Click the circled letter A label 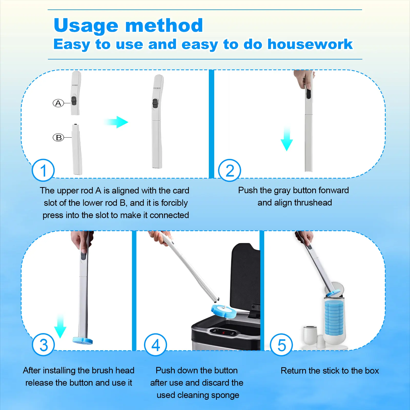click(x=58, y=103)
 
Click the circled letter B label click(x=58, y=138)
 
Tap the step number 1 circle click(x=43, y=170)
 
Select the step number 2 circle click(x=230, y=170)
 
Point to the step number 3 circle click(x=43, y=345)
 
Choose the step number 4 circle click(x=156, y=345)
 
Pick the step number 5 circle click(x=281, y=345)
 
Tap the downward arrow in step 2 click(x=287, y=139)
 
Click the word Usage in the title click(x=86, y=26)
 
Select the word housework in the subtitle click(x=310, y=44)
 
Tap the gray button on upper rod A click(x=74, y=101)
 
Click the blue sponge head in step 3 click(x=83, y=341)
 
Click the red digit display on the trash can click(x=223, y=333)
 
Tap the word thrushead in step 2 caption click(x=313, y=203)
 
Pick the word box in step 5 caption click(x=372, y=371)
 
